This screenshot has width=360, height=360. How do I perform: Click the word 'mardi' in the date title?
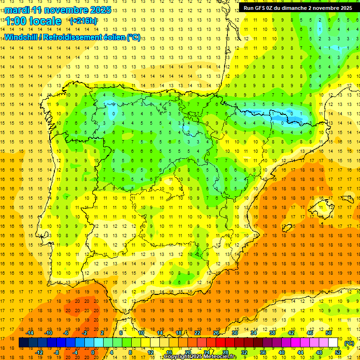tap(16, 9)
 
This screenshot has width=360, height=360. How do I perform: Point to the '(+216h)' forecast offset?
tap(83, 21)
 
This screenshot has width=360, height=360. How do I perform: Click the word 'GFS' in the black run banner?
tap(263, 7)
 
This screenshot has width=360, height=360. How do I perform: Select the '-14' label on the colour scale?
tap(30, 333)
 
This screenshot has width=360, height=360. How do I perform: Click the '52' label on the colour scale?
tap(338, 352)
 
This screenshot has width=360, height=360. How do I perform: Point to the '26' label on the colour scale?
tap(216, 333)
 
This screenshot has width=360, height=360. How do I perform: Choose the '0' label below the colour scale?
tap(93, 352)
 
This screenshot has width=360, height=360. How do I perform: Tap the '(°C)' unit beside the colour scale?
tap(349, 343)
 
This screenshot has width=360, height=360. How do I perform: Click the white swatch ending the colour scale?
tap(333, 343)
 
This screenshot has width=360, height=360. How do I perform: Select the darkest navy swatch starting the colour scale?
tap(23, 343)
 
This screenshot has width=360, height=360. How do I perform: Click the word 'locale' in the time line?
tap(45, 21)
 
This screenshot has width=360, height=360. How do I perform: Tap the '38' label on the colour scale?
tap(272, 333)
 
